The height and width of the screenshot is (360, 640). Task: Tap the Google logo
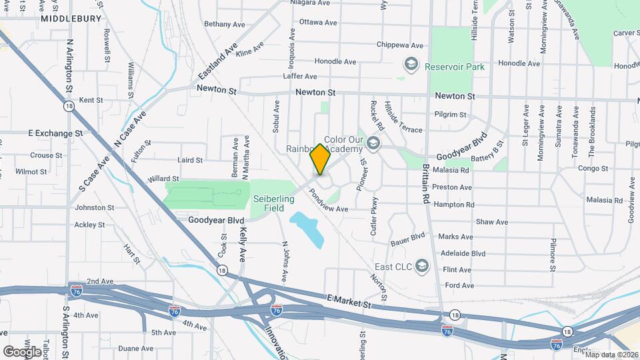pos(21,351)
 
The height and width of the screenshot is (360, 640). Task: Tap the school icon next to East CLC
pos(421,266)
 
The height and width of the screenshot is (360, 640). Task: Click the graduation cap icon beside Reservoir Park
pos(411,65)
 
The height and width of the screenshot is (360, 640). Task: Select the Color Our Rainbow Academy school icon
pos(373,143)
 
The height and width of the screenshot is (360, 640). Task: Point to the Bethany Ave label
pos(225,24)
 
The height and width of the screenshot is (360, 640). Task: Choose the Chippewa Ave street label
pos(400,45)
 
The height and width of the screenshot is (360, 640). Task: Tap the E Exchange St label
pos(55,133)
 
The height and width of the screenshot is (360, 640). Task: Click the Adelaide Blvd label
pos(463,253)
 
